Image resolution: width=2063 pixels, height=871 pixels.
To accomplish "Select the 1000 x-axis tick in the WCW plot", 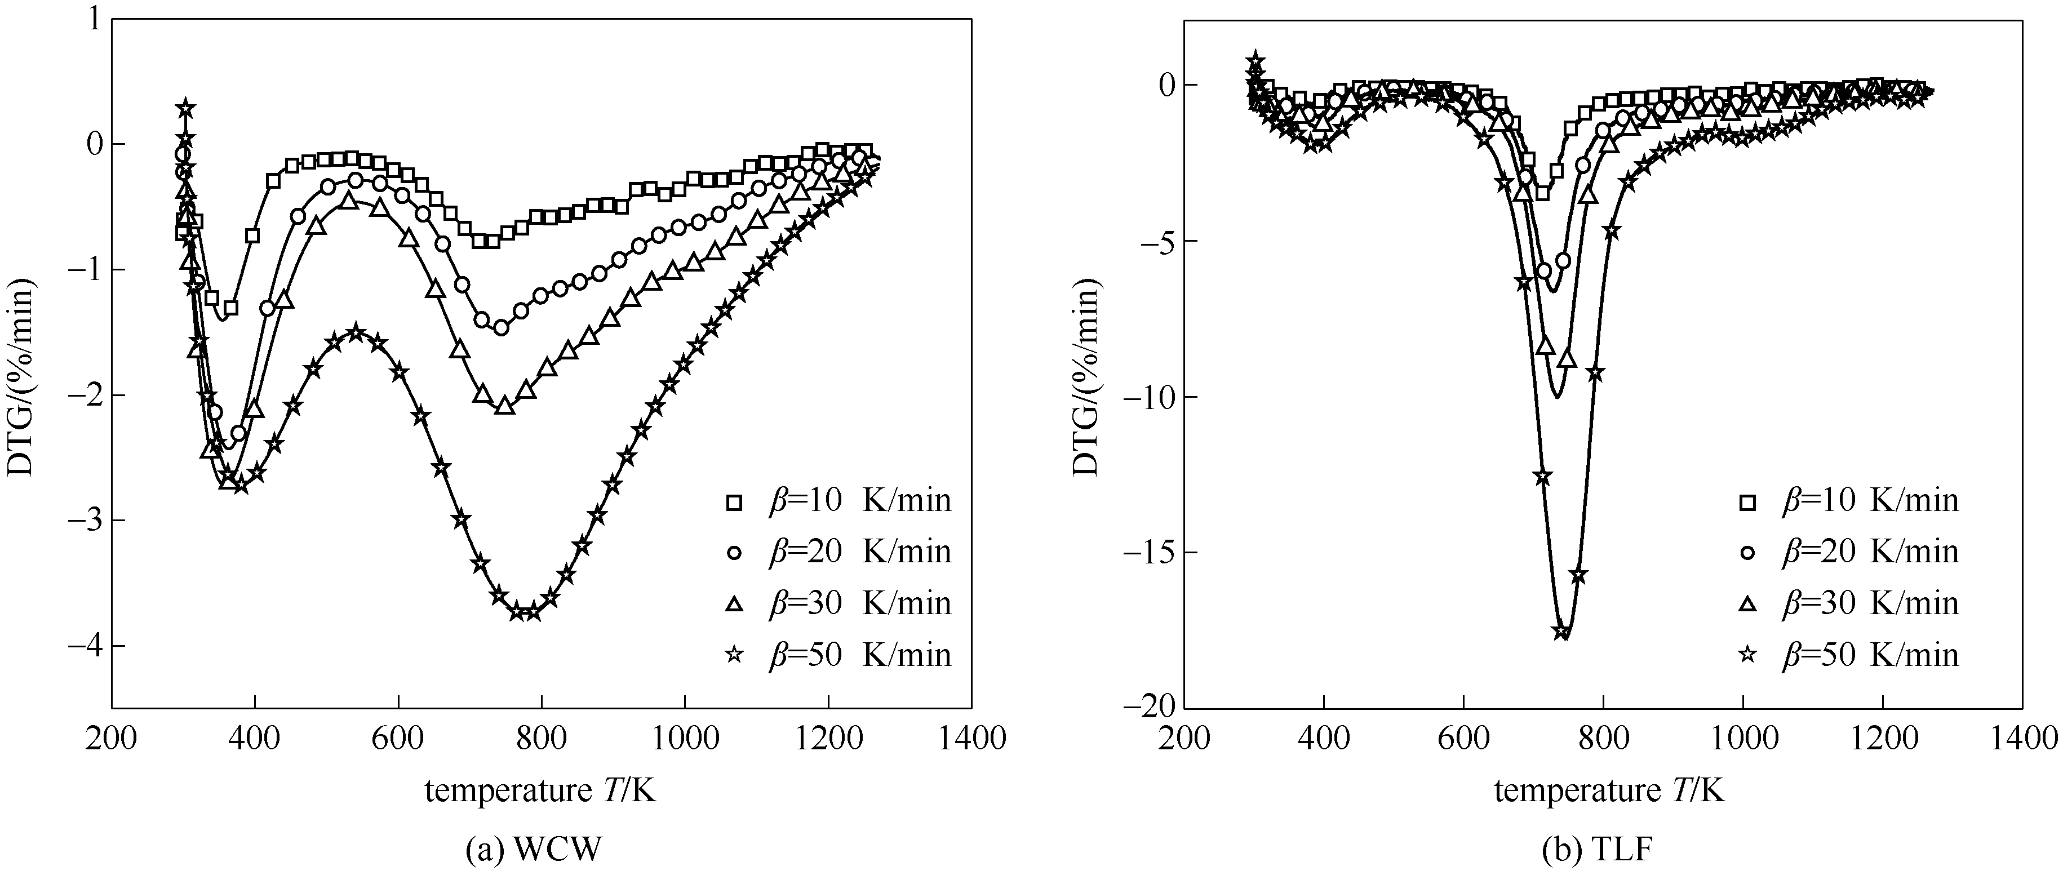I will [685, 738].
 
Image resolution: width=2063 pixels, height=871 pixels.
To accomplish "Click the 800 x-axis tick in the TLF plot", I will [1603, 738].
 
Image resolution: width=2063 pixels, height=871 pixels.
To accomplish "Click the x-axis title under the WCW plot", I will [540, 792].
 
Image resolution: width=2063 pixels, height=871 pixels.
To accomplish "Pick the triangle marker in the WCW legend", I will [734, 603].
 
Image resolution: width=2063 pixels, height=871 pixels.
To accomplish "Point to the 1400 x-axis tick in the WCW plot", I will [971, 738].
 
